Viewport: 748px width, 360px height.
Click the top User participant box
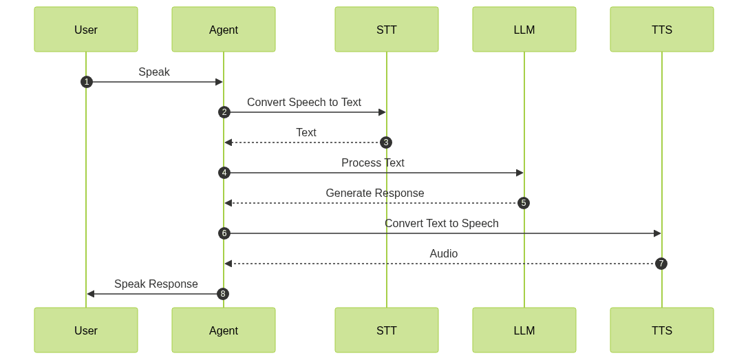click(86, 30)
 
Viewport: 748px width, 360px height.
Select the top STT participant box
click(387, 30)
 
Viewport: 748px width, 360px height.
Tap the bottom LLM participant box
click(524, 330)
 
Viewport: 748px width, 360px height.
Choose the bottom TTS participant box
click(662, 330)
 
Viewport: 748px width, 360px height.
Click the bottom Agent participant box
click(224, 330)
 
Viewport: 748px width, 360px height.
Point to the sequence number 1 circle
click(86, 82)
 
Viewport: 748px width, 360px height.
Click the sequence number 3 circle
click(386, 142)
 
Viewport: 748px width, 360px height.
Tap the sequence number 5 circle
click(524, 203)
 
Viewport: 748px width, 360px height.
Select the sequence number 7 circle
click(661, 264)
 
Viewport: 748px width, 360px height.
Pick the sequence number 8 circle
click(223, 294)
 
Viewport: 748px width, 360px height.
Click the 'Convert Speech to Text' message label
click(304, 102)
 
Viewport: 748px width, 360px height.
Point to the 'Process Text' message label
click(373, 162)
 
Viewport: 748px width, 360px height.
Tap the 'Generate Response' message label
click(375, 193)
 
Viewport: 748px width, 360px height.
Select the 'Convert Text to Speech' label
click(441, 223)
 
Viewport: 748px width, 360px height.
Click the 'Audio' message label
click(444, 253)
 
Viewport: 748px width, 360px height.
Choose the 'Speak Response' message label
click(156, 284)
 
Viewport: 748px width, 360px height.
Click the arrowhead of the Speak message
click(220, 82)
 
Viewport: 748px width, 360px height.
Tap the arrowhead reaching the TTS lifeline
click(657, 233)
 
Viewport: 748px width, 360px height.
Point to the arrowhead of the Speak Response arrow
click(90, 294)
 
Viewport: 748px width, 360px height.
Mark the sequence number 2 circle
click(224, 112)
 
